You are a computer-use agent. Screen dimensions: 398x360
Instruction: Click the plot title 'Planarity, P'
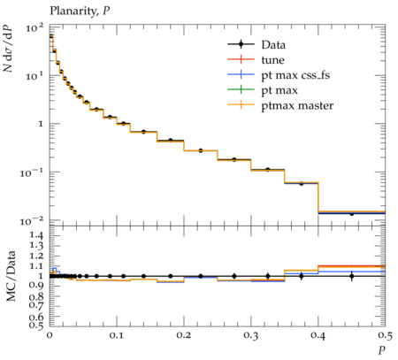coord(80,11)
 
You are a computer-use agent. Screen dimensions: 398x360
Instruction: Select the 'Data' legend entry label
coord(273,45)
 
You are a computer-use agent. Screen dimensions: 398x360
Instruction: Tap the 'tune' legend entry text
coord(272,60)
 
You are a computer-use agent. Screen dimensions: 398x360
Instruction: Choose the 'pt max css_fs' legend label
coord(295,75)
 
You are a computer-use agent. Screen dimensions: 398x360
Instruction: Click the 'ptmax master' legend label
coord(297,106)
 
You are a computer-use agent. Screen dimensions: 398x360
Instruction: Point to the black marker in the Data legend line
coord(241,44)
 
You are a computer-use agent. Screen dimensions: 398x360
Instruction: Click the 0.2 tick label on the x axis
coord(184,334)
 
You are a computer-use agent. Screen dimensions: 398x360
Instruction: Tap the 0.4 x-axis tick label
coord(318,334)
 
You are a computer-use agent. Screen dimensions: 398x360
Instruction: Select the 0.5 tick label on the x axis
coord(385,334)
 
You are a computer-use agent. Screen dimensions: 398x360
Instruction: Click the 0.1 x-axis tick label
coord(117,334)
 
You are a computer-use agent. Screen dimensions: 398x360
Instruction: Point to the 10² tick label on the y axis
coord(34,28)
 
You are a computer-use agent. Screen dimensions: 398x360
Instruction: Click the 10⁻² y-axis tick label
coord(32,220)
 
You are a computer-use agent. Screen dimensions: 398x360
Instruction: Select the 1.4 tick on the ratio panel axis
coord(36,235)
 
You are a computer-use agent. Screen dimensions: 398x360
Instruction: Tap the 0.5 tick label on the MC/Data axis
coord(36,325)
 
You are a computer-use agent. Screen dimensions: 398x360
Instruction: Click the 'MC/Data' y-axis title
coord(11,276)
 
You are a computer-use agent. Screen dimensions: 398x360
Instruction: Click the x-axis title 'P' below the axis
coord(382,350)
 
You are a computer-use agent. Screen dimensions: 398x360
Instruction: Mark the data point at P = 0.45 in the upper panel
coord(352,213)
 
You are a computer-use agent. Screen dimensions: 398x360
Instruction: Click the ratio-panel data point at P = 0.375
coord(301,276)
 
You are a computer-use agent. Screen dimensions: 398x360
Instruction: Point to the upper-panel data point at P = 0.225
coord(201,150)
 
